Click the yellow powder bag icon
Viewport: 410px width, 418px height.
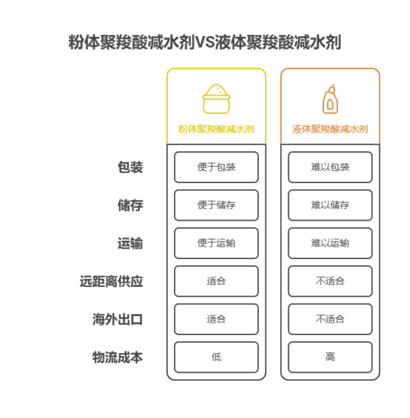pyautogui.click(x=216, y=99)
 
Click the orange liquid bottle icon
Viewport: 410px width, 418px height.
pyautogui.click(x=330, y=99)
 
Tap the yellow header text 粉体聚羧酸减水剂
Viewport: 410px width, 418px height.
pyautogui.click(x=216, y=129)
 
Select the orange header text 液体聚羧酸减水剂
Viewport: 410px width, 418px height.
pyautogui.click(x=330, y=129)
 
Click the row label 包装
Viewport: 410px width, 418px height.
pyautogui.click(x=130, y=167)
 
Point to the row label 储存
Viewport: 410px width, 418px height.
pyautogui.click(x=130, y=206)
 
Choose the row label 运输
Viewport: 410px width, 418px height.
pyautogui.click(x=130, y=243)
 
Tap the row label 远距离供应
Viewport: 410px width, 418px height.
pyautogui.click(x=111, y=281)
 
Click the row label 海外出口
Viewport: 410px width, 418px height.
pyautogui.click(x=118, y=319)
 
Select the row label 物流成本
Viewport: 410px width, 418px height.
pyautogui.click(x=118, y=357)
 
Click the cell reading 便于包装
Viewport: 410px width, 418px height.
pyautogui.click(x=216, y=167)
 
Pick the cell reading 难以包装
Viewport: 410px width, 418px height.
pyautogui.click(x=330, y=167)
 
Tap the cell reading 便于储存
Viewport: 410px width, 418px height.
pyautogui.click(x=216, y=206)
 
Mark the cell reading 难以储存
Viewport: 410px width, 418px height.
pyautogui.click(x=330, y=206)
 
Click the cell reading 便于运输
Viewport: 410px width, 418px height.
pyautogui.click(x=216, y=243)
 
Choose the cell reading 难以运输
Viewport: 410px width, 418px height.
pyautogui.click(x=330, y=243)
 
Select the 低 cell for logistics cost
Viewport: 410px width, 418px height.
pyautogui.click(x=216, y=357)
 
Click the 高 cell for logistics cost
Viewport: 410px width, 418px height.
pyautogui.click(x=330, y=357)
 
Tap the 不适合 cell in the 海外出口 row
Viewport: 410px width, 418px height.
pyautogui.click(x=330, y=319)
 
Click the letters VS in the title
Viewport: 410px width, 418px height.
pyautogui.click(x=205, y=42)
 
